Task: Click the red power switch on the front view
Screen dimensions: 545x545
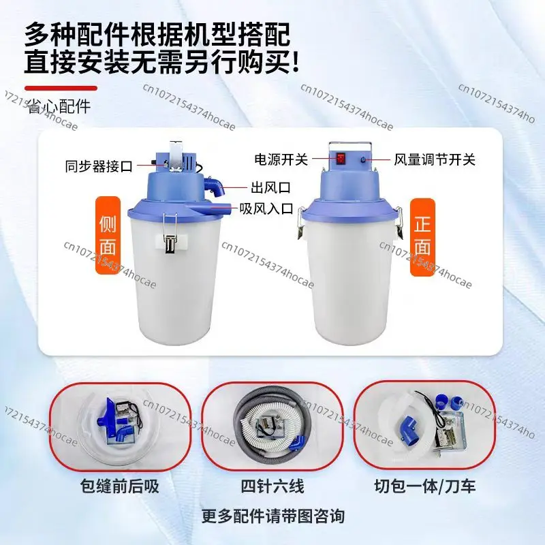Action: (x=341, y=159)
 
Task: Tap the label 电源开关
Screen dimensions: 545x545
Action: (x=281, y=159)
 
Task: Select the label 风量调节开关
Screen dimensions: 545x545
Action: (x=435, y=159)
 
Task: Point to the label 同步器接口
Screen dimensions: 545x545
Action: (x=99, y=166)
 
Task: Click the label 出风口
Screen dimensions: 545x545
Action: (x=270, y=188)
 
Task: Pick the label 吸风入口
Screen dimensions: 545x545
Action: (x=266, y=208)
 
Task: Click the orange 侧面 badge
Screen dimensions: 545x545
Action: (x=108, y=235)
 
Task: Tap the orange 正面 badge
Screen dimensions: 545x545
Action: (x=422, y=237)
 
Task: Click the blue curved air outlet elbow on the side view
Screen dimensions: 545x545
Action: (x=215, y=186)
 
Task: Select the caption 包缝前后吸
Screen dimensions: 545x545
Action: (x=120, y=486)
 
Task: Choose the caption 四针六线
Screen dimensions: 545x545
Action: (x=272, y=486)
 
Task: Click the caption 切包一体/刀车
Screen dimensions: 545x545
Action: (x=424, y=486)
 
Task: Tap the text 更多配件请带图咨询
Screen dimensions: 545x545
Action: (x=273, y=516)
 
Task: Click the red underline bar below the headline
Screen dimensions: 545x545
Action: (x=61, y=89)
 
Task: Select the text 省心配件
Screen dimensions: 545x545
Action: (x=59, y=106)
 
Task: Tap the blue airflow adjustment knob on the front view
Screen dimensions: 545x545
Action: (x=363, y=160)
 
